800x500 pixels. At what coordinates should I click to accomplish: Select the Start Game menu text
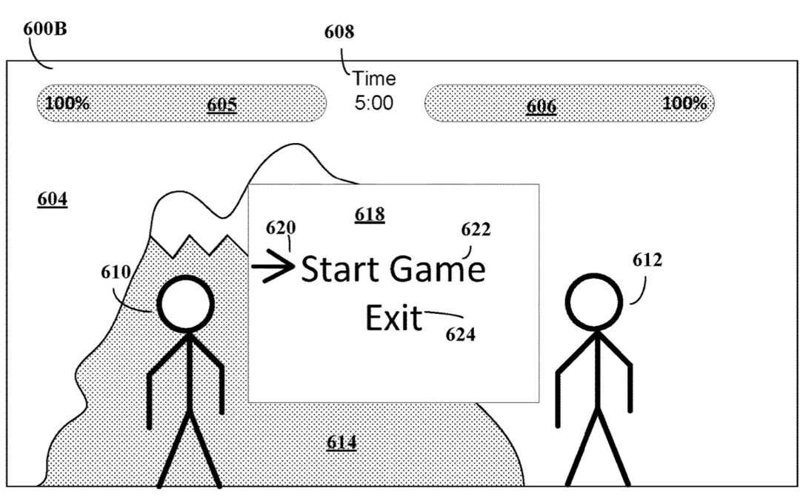tap(393, 269)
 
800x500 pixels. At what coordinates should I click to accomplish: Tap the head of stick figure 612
tap(595, 302)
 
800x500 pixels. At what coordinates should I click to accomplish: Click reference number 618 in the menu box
tap(370, 215)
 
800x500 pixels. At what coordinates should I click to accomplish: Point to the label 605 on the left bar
tap(221, 104)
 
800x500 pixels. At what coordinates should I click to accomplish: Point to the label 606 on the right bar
tap(541, 107)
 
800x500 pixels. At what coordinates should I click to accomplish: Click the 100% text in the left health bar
tap(67, 103)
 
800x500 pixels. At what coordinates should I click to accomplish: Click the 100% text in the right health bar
tap(684, 103)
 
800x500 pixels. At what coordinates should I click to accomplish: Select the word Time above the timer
tap(374, 79)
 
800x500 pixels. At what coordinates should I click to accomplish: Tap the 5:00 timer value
tap(374, 103)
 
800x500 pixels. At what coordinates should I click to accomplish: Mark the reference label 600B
tap(46, 31)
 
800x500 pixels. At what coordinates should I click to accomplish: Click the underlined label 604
tap(52, 199)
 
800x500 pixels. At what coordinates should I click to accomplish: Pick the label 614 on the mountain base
tap(341, 443)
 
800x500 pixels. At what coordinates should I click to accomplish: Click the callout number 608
tap(339, 32)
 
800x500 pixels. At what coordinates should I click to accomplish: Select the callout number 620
tap(281, 227)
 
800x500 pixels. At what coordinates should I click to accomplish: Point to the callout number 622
tap(476, 230)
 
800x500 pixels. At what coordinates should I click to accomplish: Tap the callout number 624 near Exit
tap(460, 334)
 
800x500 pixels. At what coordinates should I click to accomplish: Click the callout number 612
tap(647, 260)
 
